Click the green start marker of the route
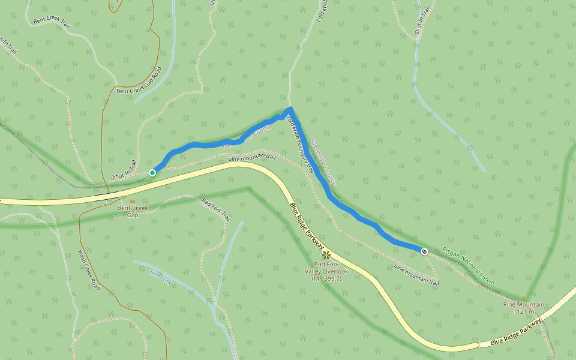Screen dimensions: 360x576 click(152, 173)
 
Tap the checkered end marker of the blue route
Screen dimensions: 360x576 click(424, 251)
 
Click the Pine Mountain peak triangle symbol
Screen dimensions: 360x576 click(523, 298)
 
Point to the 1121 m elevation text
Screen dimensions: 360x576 click(524, 311)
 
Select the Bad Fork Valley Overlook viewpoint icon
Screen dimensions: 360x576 click(326, 255)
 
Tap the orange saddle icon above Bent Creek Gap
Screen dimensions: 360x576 click(133, 201)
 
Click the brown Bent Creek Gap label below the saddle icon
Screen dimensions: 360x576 click(132, 211)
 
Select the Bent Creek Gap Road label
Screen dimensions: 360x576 click(140, 81)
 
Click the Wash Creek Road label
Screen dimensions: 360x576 click(89, 269)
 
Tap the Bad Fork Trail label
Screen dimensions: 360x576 click(217, 209)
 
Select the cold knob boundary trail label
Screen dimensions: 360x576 click(300, 145)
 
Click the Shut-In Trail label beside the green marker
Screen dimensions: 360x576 click(125, 170)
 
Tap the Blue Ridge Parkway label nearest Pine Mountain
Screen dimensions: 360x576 click(515, 331)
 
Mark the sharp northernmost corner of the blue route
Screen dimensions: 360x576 click(290, 109)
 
